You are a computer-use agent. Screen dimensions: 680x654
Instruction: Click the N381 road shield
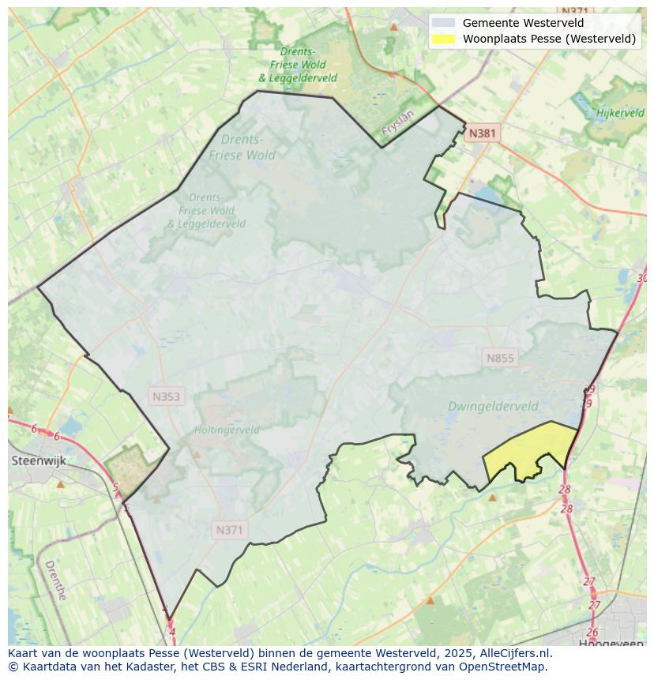tap(482, 133)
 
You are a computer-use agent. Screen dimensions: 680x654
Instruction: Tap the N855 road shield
tap(500, 358)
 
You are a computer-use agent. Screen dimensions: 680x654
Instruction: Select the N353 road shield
tap(166, 396)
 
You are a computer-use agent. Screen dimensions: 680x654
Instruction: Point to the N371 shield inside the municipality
tap(229, 530)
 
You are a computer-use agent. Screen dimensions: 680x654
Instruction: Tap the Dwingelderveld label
tap(493, 407)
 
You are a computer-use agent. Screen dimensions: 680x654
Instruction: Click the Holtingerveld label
tap(227, 430)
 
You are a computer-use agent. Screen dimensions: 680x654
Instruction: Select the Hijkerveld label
tap(620, 113)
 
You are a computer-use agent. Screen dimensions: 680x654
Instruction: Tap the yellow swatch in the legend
tap(445, 38)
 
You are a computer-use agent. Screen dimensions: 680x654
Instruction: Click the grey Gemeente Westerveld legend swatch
tap(445, 23)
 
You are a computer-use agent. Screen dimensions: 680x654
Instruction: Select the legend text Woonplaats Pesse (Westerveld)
tap(549, 38)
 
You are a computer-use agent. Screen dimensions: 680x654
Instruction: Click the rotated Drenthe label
tap(55, 580)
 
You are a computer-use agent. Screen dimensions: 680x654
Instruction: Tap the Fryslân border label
tap(397, 124)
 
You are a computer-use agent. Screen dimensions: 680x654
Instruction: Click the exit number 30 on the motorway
tap(641, 278)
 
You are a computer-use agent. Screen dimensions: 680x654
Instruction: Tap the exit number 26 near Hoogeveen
tap(592, 632)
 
